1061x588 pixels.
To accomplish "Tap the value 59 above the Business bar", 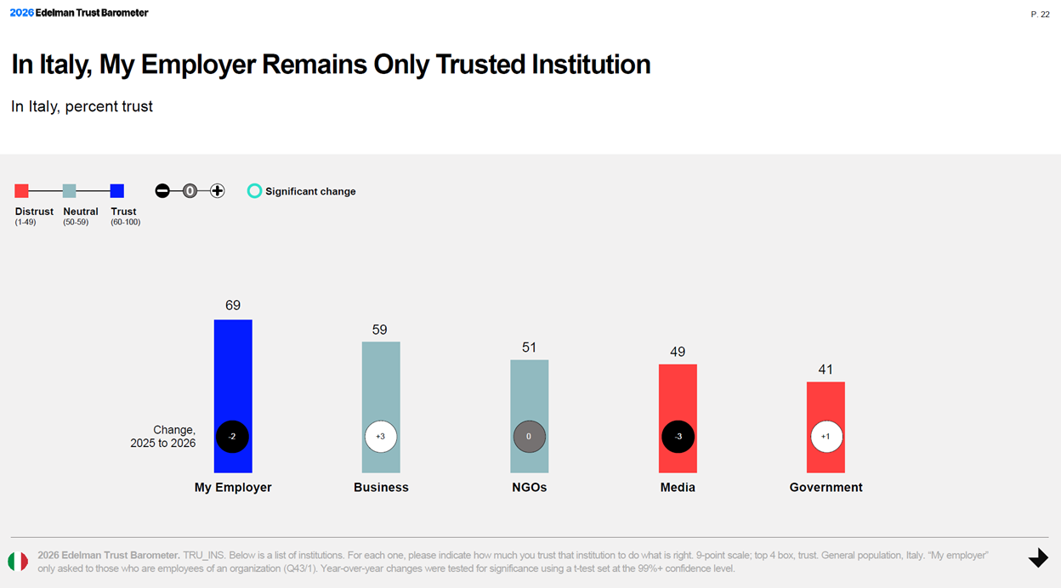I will click(x=380, y=330).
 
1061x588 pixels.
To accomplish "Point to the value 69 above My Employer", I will click(x=233, y=306).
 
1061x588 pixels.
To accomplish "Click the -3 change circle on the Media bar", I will click(x=678, y=437).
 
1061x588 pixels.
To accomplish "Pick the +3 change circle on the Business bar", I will click(x=381, y=437).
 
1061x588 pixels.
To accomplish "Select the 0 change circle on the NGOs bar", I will click(x=529, y=437).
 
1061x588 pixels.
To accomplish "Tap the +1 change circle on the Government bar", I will click(x=826, y=437).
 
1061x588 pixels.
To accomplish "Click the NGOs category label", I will click(x=529, y=488).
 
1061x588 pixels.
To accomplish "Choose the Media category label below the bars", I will click(x=678, y=488).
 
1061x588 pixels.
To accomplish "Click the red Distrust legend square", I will click(x=22, y=191).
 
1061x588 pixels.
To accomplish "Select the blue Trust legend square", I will click(x=117, y=191).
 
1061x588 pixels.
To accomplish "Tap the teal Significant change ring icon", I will click(x=254, y=191).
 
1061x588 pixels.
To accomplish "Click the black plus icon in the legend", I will click(x=218, y=191).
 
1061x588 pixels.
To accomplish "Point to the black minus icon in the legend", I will click(x=162, y=191).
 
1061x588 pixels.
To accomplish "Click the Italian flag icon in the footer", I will click(x=18, y=562).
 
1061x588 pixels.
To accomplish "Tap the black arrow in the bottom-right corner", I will click(x=1038, y=558).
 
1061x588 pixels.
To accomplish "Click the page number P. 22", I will click(x=1040, y=14).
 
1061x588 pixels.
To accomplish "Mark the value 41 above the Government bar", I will click(x=826, y=370).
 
